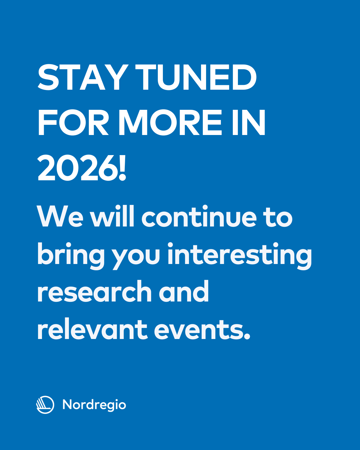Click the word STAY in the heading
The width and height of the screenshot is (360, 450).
coord(83,77)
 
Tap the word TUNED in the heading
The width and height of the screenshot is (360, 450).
coord(196,77)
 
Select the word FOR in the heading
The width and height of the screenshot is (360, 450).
coord(73,122)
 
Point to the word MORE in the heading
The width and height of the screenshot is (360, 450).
coord(170,122)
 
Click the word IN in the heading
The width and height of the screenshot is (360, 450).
coord(249,122)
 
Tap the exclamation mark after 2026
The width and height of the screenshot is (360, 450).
coord(122,168)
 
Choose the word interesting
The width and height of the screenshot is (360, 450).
coord(240,256)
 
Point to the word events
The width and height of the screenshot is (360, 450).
coord(199,330)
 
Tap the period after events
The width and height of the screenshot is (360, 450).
coord(247,337)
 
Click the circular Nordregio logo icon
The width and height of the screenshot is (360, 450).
coord(45,405)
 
